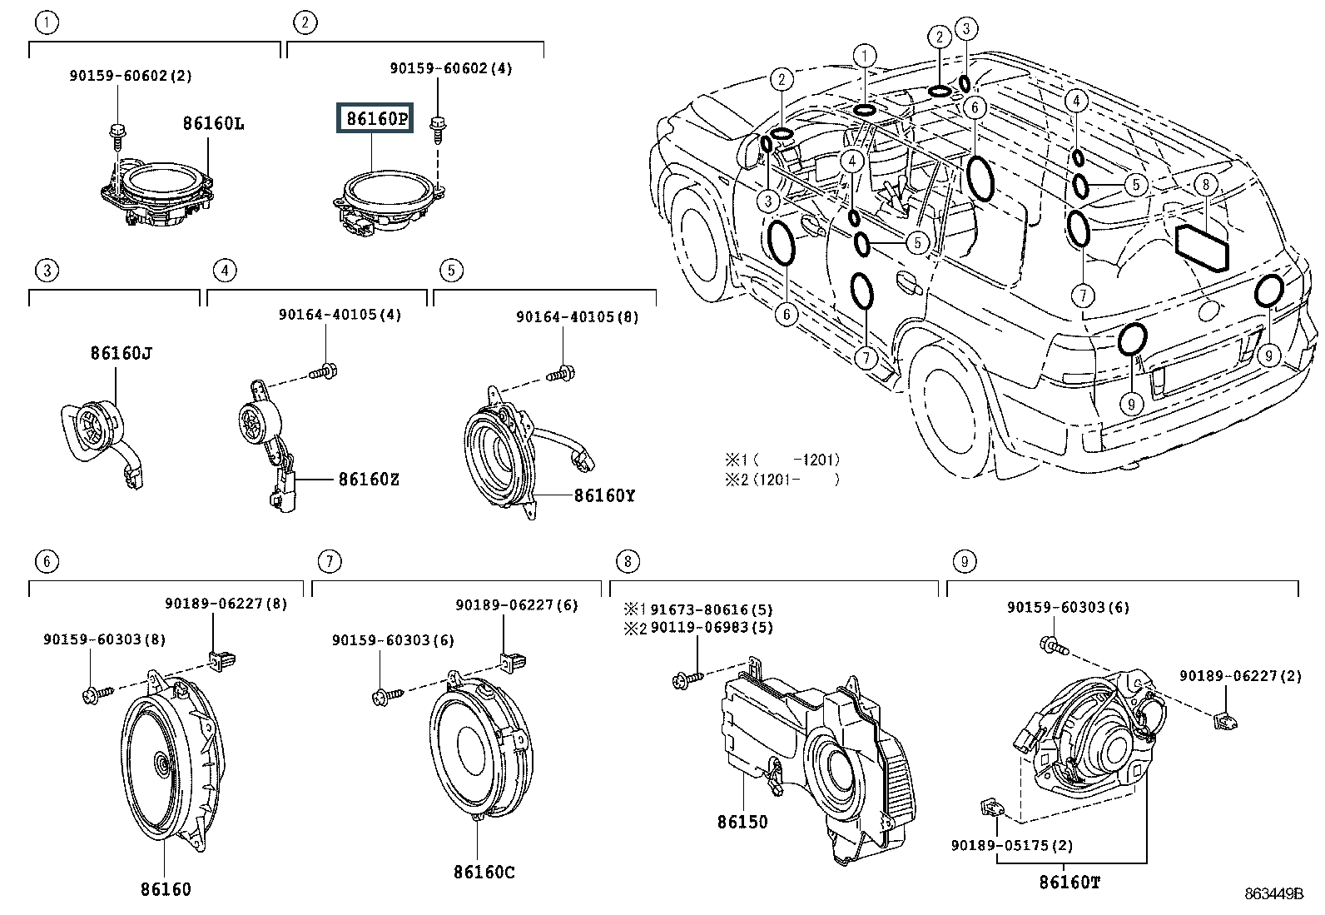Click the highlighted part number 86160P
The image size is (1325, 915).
pos(377,119)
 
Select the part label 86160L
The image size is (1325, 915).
pos(213,123)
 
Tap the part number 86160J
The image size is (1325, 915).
pos(122,352)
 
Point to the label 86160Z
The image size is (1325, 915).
pos(369,480)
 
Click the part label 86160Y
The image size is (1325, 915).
pos(604,495)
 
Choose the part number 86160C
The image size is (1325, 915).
pos(484,872)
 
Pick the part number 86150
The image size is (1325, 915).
pos(742,822)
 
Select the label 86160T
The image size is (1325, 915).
pos(1069,882)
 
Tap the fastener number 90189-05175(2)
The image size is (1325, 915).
pos(1012,845)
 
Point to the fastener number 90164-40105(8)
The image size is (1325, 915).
pos(578,317)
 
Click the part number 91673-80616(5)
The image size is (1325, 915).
pos(712,609)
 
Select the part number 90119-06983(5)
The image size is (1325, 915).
pos(712,627)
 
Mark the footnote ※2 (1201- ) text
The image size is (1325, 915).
pos(782,480)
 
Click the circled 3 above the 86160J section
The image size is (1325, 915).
pos(47,270)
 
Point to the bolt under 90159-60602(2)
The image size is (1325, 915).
pos(117,132)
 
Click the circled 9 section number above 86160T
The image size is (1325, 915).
pos(964,562)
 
